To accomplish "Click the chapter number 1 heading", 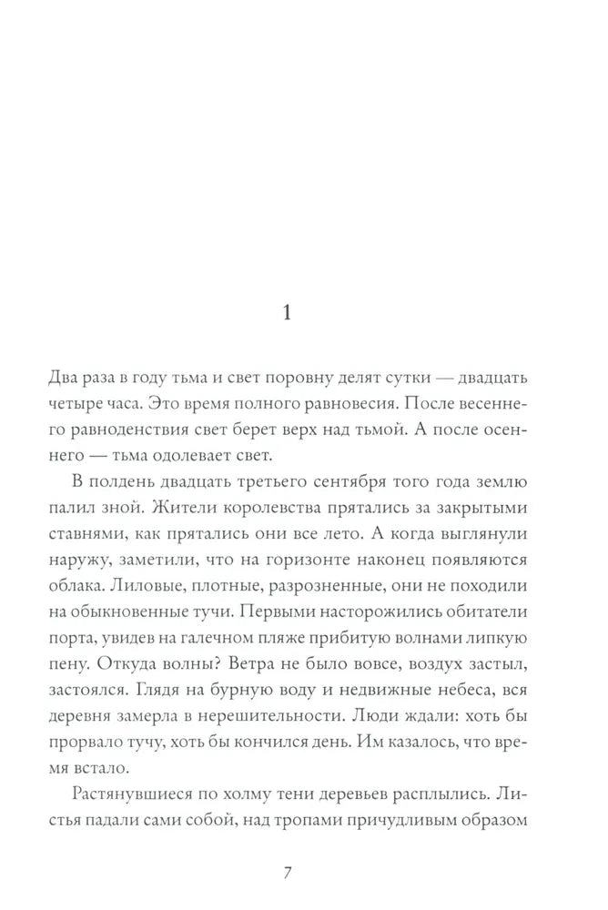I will (287, 314).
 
